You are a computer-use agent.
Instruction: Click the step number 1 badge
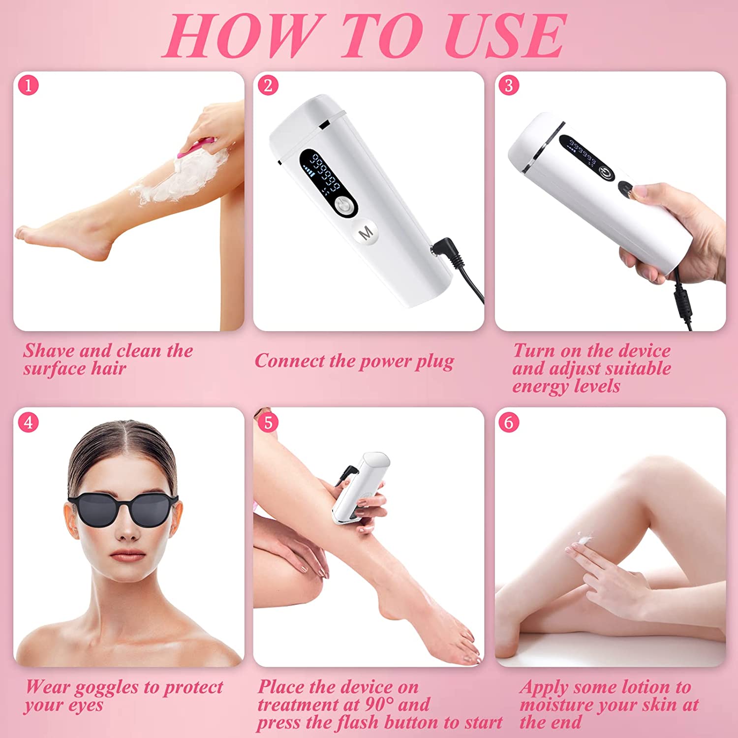click(x=28, y=85)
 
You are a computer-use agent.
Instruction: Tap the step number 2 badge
click(x=268, y=85)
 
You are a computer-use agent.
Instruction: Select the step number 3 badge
click(x=509, y=85)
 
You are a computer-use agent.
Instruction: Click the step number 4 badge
click(x=28, y=422)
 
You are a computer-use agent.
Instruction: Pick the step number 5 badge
click(x=268, y=422)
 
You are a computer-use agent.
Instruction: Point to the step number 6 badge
click(x=509, y=422)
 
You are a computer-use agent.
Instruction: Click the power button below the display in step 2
click(x=344, y=206)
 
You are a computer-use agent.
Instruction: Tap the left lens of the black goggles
click(x=96, y=512)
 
